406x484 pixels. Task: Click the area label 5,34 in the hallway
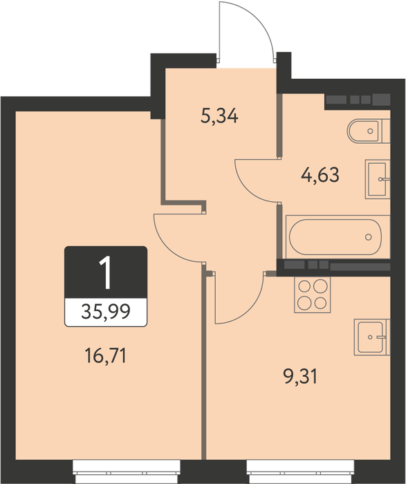coord(219,117)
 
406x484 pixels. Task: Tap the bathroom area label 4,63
coord(320,175)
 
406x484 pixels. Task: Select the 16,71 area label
coord(105,355)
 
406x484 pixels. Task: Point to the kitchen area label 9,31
coord(300,377)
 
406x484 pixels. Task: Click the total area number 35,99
coord(106,311)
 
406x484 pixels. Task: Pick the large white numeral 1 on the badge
coord(106,273)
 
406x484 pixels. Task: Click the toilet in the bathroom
coord(369,131)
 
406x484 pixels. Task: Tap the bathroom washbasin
coord(378,179)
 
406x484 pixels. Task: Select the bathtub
coord(338,236)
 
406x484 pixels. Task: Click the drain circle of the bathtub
coord(369,237)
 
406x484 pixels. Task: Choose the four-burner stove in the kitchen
coord(312,295)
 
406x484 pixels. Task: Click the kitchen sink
coord(372,337)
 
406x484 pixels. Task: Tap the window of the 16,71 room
coord(127,472)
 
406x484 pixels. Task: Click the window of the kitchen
coord(300,472)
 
